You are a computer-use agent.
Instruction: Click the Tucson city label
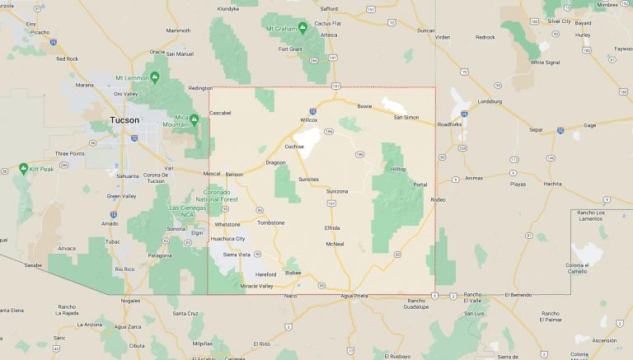pyautogui.click(x=125, y=120)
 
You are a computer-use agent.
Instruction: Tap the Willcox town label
pyautogui.click(x=308, y=120)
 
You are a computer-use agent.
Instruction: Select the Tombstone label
pyautogui.click(x=270, y=222)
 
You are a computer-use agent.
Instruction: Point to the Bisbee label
pyautogui.click(x=293, y=272)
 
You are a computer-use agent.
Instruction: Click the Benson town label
pyautogui.click(x=234, y=174)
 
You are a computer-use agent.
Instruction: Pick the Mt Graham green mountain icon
pyautogui.click(x=302, y=28)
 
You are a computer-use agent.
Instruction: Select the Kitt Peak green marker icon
pyautogui.click(x=23, y=168)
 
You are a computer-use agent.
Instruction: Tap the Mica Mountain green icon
pyautogui.click(x=195, y=119)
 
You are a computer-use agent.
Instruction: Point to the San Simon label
pyautogui.click(x=406, y=117)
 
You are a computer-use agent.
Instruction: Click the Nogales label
pyautogui.click(x=130, y=301)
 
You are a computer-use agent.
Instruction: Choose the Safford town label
pyautogui.click(x=330, y=9)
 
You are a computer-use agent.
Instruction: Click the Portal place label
pyautogui.click(x=420, y=184)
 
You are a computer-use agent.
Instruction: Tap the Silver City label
pyautogui.click(x=558, y=21)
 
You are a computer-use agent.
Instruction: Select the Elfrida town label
pyautogui.click(x=332, y=227)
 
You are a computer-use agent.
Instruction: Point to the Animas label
pyautogui.click(x=474, y=177)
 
